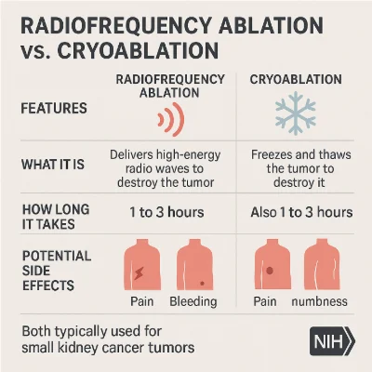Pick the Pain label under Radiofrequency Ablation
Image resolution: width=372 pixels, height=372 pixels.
click(x=142, y=303)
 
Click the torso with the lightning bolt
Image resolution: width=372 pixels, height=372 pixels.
click(x=143, y=265)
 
